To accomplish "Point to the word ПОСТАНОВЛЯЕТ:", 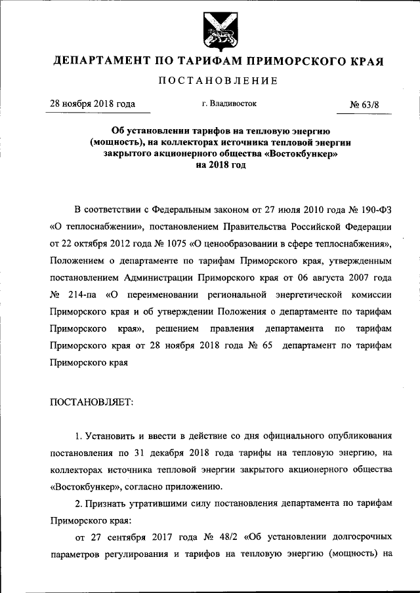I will [91, 402].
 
